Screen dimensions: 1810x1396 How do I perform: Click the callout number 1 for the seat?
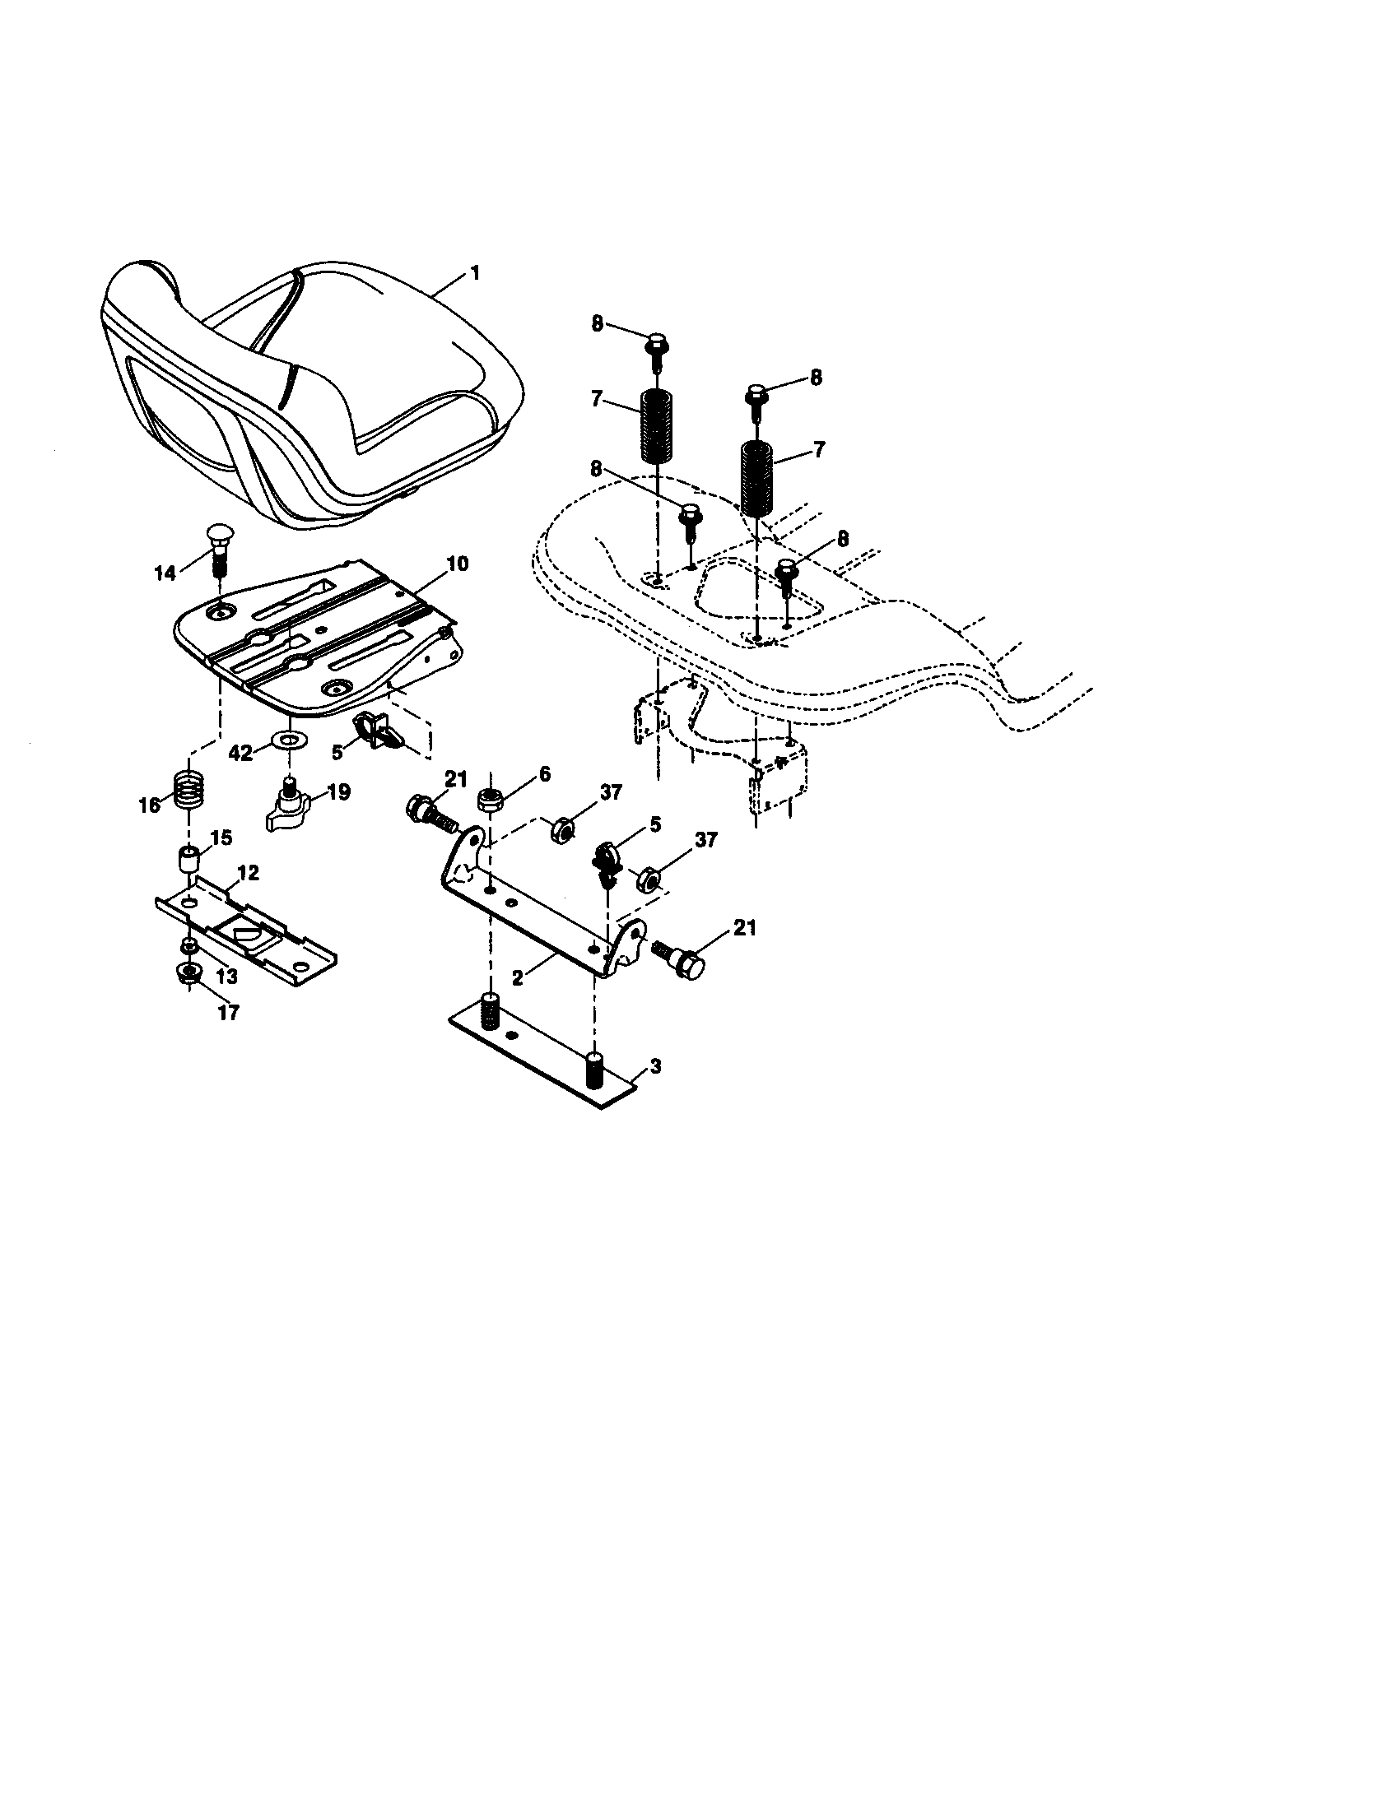(475, 273)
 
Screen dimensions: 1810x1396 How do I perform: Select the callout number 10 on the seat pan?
(456, 564)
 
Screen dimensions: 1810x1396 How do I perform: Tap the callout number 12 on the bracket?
(248, 872)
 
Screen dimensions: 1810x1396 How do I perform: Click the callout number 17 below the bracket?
(227, 1012)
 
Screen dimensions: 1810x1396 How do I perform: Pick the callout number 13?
(226, 976)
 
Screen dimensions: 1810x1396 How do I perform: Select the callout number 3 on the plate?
(655, 1066)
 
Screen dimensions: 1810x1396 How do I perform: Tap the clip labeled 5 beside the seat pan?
(375, 727)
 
